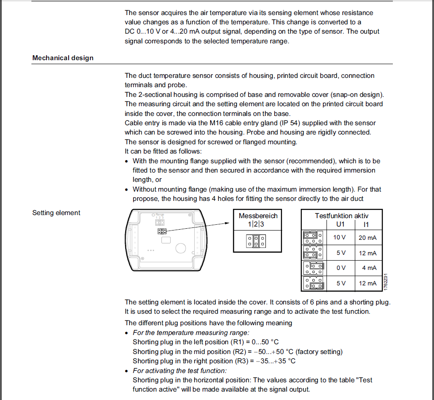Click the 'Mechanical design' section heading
pyautogui.click(x=63, y=58)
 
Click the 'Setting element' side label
pyautogui.click(x=56, y=213)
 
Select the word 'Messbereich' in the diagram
pyautogui.click(x=258, y=216)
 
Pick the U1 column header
pyautogui.click(x=340, y=224)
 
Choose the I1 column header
pyautogui.click(x=366, y=224)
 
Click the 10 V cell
pyautogui.click(x=339, y=238)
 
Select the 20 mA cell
pyautogui.click(x=368, y=238)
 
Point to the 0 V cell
pyautogui.click(x=341, y=268)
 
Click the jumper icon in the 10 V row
pyautogui.click(x=313, y=238)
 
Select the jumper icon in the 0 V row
pyautogui.click(x=313, y=268)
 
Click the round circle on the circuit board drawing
pyautogui.click(x=181, y=248)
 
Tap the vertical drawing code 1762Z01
pyautogui.click(x=386, y=281)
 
